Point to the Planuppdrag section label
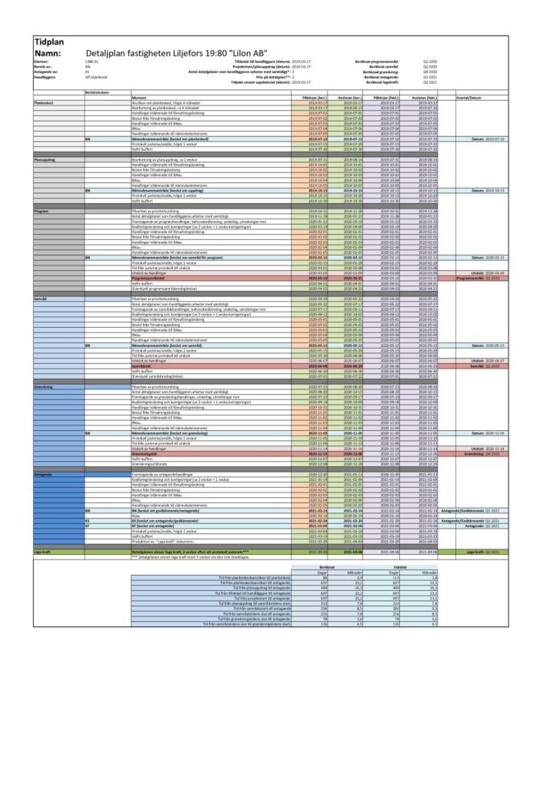pyautogui.click(x=44, y=159)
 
